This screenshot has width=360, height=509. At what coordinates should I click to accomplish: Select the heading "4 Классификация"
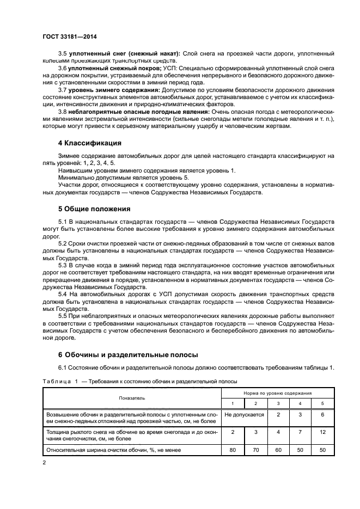[x=89, y=144]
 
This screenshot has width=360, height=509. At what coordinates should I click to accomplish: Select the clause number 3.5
[x=63, y=53]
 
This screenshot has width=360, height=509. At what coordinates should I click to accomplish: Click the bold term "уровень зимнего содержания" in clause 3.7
[x=114, y=89]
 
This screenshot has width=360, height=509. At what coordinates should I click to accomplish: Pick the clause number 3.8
[x=63, y=111]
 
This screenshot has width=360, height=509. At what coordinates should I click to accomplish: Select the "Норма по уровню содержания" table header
[x=277, y=393]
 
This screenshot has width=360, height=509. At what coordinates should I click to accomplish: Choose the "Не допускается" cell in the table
[x=244, y=415]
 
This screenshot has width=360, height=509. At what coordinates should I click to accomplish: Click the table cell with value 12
[x=322, y=432]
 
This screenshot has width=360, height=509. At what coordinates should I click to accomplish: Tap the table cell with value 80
[x=233, y=450]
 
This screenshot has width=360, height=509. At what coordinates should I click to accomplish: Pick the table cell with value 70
[x=255, y=450]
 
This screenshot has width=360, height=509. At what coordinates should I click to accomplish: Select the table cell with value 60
[x=278, y=450]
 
